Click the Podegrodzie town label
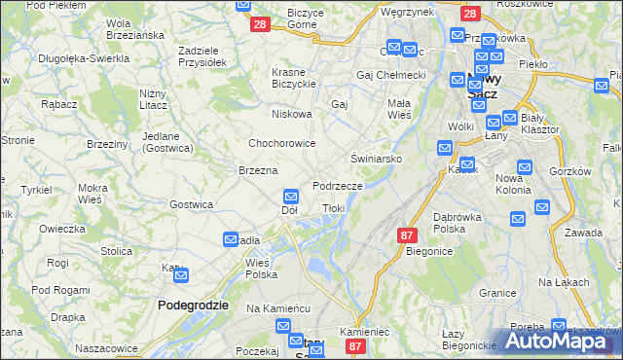pyautogui.click(x=193, y=305)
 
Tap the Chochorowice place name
pyautogui.click(x=280, y=143)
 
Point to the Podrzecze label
pyautogui.click(x=338, y=186)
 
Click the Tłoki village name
pyautogui.click(x=333, y=208)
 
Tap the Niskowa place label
pyautogui.click(x=292, y=114)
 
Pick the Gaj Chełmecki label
pyautogui.click(x=391, y=75)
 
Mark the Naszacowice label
pyautogui.click(x=106, y=347)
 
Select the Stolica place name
pyautogui.click(x=116, y=251)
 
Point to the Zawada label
pyautogui.click(x=583, y=233)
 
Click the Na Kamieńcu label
pyautogui.click(x=277, y=308)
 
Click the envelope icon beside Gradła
pyautogui.click(x=232, y=239)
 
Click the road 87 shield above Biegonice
pyautogui.click(x=408, y=234)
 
